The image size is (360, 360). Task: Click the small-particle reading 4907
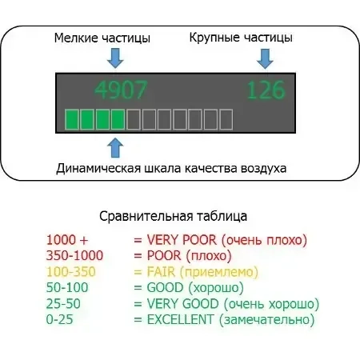tap(121, 90)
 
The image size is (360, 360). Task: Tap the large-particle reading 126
tap(266, 90)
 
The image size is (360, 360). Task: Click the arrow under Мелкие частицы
tap(115, 58)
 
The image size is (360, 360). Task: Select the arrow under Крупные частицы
tap(265, 58)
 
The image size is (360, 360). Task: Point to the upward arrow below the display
tap(115, 147)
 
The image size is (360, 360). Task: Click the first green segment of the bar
tap(72, 119)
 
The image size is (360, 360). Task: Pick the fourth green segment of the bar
tap(118, 119)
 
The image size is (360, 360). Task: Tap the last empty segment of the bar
tap(226, 119)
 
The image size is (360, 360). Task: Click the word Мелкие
tap(76, 38)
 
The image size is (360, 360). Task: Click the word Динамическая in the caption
tap(98, 168)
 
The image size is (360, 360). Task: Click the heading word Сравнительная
tap(146, 216)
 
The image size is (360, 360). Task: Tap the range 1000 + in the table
tap(67, 240)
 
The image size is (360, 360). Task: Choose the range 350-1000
tap(74, 255)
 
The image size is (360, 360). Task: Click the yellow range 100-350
tap(71, 272)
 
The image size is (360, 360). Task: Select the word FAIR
tap(161, 272)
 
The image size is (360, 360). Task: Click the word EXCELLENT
tap(181, 319)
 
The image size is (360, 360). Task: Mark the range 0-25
tap(59, 319)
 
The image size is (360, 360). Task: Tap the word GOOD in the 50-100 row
tap(165, 287)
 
